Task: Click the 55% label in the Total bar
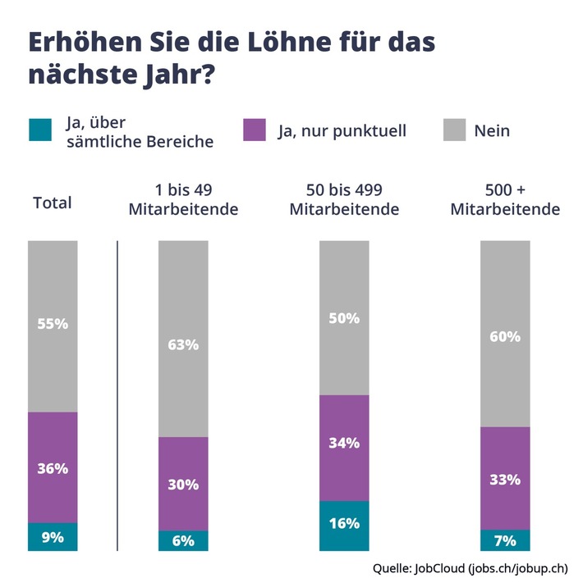[x=53, y=323]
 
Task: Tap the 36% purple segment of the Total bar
[x=53, y=468]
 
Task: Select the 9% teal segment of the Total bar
[x=53, y=538]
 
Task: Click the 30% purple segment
[x=183, y=484]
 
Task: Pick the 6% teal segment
[x=183, y=541]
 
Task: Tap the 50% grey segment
[x=344, y=318]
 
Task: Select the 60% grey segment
[x=505, y=334]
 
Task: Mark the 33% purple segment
[x=505, y=478]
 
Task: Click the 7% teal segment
[x=505, y=540]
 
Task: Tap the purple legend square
[x=255, y=130]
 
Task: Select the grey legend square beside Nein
[x=454, y=130]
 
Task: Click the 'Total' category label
[x=53, y=203]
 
